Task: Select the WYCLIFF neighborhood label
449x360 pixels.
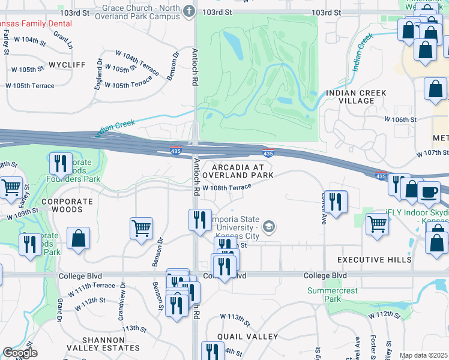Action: [x=67, y=64]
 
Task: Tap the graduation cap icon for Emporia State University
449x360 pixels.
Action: [x=270, y=226]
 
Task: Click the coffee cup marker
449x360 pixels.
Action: [x=429, y=192]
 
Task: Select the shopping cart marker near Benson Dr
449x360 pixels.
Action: [x=141, y=228]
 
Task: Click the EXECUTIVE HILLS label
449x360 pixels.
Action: [x=374, y=260]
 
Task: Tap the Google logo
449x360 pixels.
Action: [x=20, y=353]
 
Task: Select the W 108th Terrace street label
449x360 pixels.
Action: [x=226, y=187]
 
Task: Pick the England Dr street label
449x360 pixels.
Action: [x=98, y=77]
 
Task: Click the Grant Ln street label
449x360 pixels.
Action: [x=62, y=41]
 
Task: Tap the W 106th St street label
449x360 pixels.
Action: [x=400, y=119]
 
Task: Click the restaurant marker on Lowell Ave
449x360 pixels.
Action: [x=337, y=201]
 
